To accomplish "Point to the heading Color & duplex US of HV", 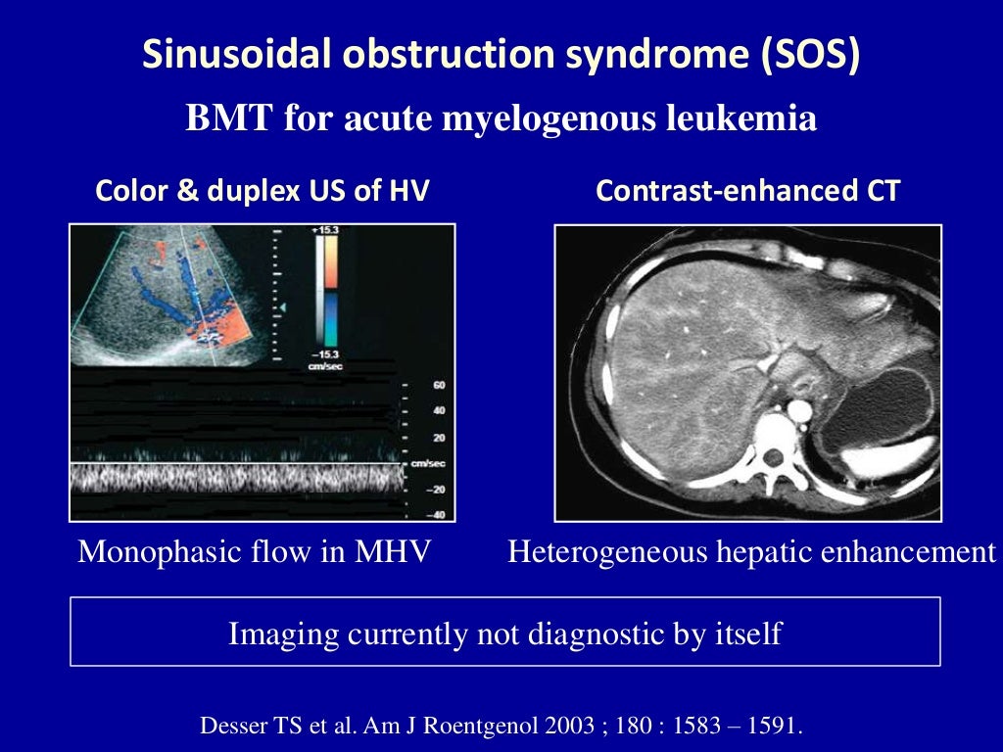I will click(x=262, y=191).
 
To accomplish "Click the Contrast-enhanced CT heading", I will click(x=746, y=191).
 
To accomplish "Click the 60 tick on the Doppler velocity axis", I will click(x=438, y=386).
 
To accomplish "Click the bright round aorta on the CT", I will click(x=799, y=408).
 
